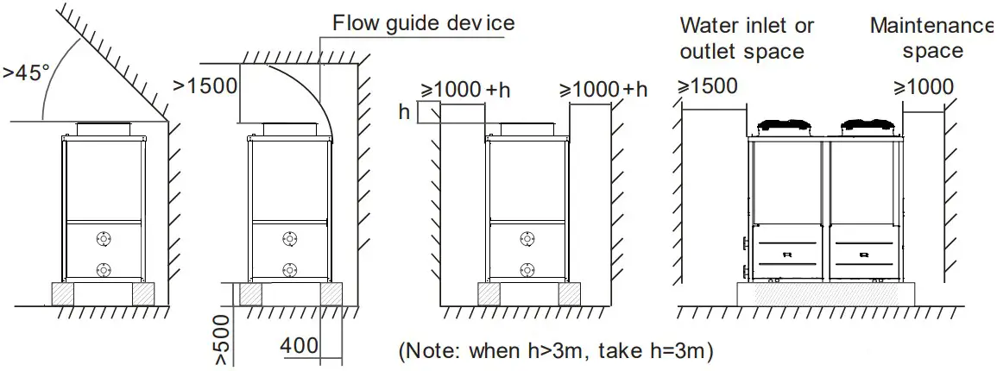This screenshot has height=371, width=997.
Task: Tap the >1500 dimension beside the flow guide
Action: pos(205,85)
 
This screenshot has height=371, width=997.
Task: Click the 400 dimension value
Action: pos(299,345)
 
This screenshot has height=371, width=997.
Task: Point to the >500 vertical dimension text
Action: pos(222,340)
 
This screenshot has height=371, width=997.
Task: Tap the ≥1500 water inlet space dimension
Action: pos(708,86)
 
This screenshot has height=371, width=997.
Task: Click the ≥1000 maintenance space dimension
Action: pos(924,87)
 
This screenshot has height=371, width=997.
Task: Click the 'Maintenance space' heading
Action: pos(932,38)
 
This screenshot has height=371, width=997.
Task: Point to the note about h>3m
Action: pos(556,352)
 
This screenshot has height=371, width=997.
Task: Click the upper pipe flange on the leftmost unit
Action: pos(104,238)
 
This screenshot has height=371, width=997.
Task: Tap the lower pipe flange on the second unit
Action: pos(290,267)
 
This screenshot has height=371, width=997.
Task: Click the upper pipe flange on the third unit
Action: pos(527,238)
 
